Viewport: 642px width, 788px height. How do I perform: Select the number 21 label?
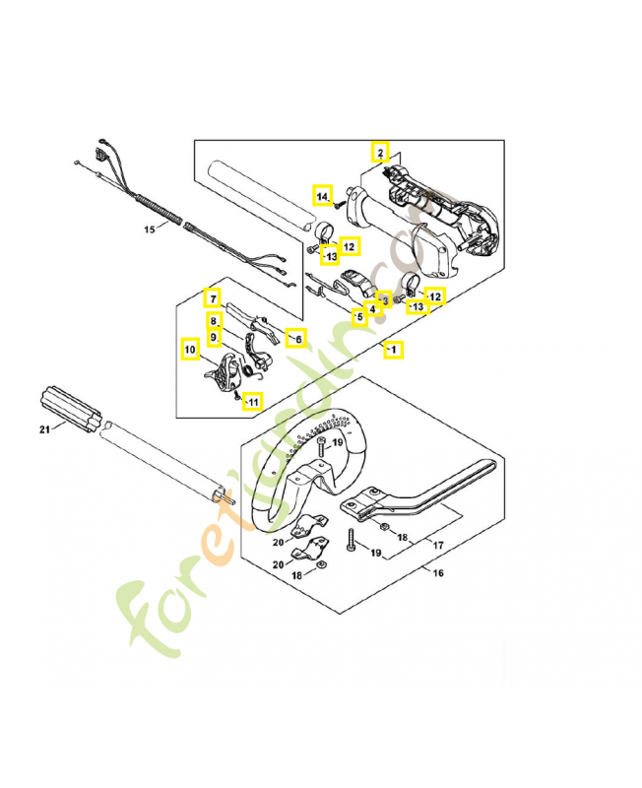click(x=43, y=428)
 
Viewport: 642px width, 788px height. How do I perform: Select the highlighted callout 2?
click(x=378, y=153)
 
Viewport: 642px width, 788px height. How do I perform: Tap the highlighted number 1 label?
click(x=393, y=349)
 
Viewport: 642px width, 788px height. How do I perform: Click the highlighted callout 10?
click(x=189, y=347)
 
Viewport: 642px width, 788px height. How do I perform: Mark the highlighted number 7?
click(x=212, y=296)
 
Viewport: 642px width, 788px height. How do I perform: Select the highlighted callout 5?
click(x=360, y=318)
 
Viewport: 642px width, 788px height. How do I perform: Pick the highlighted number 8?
click(x=213, y=320)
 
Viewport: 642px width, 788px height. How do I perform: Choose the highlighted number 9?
click(x=213, y=337)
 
